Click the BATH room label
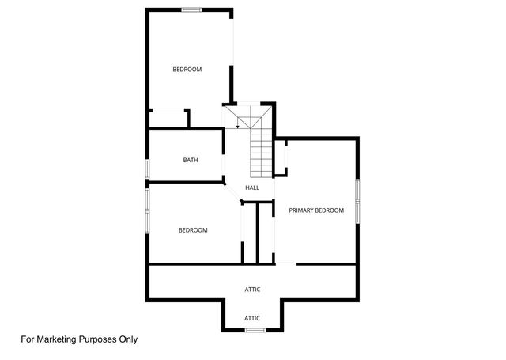point(191,160)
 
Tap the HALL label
point(252,188)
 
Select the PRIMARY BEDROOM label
point(316,210)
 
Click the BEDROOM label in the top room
point(187,70)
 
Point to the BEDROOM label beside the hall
point(193,230)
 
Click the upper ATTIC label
point(252,290)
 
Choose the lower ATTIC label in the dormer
point(252,318)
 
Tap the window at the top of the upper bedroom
point(191,9)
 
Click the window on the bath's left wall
point(147,170)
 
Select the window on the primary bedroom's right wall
point(357,200)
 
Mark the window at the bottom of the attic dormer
point(253,329)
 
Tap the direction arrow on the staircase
point(238,126)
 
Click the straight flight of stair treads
point(261,153)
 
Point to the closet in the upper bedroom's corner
point(168,119)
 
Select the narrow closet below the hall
point(250,233)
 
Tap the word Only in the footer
point(127,339)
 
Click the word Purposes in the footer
point(99,339)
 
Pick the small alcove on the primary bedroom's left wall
point(280,158)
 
